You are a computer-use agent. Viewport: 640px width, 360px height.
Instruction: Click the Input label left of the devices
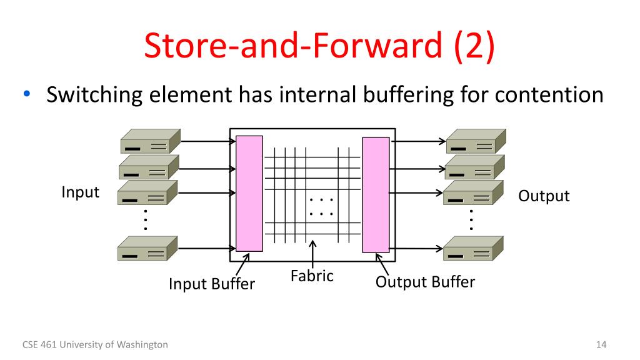tap(80, 192)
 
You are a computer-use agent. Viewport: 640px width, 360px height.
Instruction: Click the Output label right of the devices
tap(544, 196)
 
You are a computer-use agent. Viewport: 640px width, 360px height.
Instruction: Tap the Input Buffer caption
tap(212, 284)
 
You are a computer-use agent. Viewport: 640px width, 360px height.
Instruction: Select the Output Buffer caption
tap(425, 282)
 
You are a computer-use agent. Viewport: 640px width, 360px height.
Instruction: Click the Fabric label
tap(312, 275)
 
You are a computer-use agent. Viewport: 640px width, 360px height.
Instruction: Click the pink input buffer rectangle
tap(245, 194)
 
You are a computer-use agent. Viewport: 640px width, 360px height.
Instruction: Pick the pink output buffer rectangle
tap(376, 194)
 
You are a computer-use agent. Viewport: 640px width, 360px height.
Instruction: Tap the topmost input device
tap(149, 141)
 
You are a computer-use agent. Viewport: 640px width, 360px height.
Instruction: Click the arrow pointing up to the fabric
tap(312, 254)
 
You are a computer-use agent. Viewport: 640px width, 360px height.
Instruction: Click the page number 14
tap(602, 344)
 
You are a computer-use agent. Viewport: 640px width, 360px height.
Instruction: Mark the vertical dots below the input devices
tap(146, 221)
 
